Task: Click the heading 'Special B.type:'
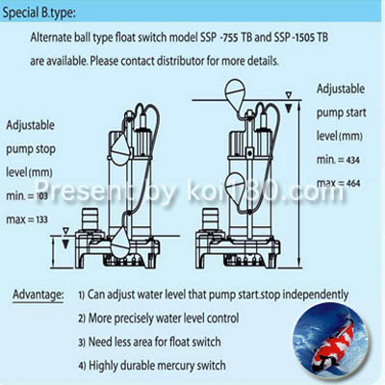[39, 13]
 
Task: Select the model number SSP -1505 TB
[301, 38]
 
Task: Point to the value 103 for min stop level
[41, 195]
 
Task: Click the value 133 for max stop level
[41, 219]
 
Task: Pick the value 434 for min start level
[353, 160]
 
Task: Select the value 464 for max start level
[353, 184]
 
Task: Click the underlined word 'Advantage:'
[38, 295]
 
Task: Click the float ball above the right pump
[236, 93]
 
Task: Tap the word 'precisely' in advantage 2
[134, 319]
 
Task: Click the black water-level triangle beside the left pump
[65, 244]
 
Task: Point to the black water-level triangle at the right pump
[289, 108]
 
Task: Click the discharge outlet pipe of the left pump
[90, 220]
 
